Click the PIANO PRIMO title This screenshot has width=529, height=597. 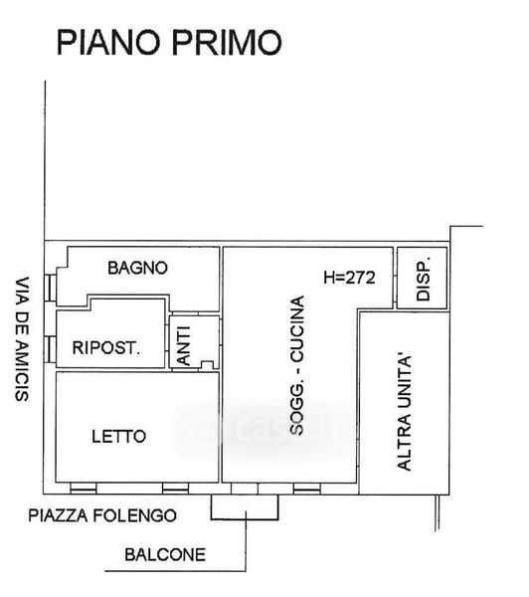[x=169, y=42]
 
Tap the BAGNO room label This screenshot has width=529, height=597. [x=138, y=268]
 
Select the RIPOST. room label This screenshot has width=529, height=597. [x=106, y=348]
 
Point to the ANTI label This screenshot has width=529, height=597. [x=184, y=345]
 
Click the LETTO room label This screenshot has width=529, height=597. [x=118, y=437]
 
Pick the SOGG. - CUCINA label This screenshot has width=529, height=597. [x=297, y=365]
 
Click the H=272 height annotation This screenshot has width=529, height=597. [x=349, y=278]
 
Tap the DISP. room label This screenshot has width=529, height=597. [x=424, y=279]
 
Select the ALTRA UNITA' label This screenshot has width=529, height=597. [x=404, y=414]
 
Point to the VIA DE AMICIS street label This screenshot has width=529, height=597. [x=22, y=339]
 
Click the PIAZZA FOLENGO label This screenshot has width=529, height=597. [x=102, y=515]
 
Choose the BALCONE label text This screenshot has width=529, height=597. [x=165, y=555]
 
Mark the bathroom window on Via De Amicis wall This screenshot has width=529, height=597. [x=50, y=288]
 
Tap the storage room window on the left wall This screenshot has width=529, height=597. [x=50, y=349]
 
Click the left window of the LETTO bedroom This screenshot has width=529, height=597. [x=84, y=489]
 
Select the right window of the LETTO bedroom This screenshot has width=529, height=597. [x=175, y=489]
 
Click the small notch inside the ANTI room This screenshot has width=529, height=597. [x=207, y=365]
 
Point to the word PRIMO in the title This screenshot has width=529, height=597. [x=227, y=42]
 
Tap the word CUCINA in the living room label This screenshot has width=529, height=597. [x=297, y=328]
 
